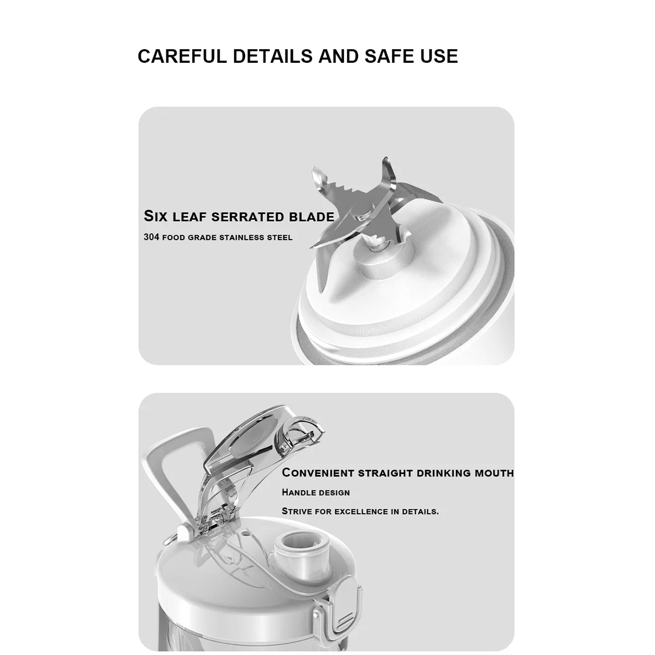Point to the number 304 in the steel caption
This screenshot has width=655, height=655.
tap(151, 237)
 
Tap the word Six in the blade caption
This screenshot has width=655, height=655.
tap(156, 216)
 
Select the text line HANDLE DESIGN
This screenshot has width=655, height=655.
tap(316, 492)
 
